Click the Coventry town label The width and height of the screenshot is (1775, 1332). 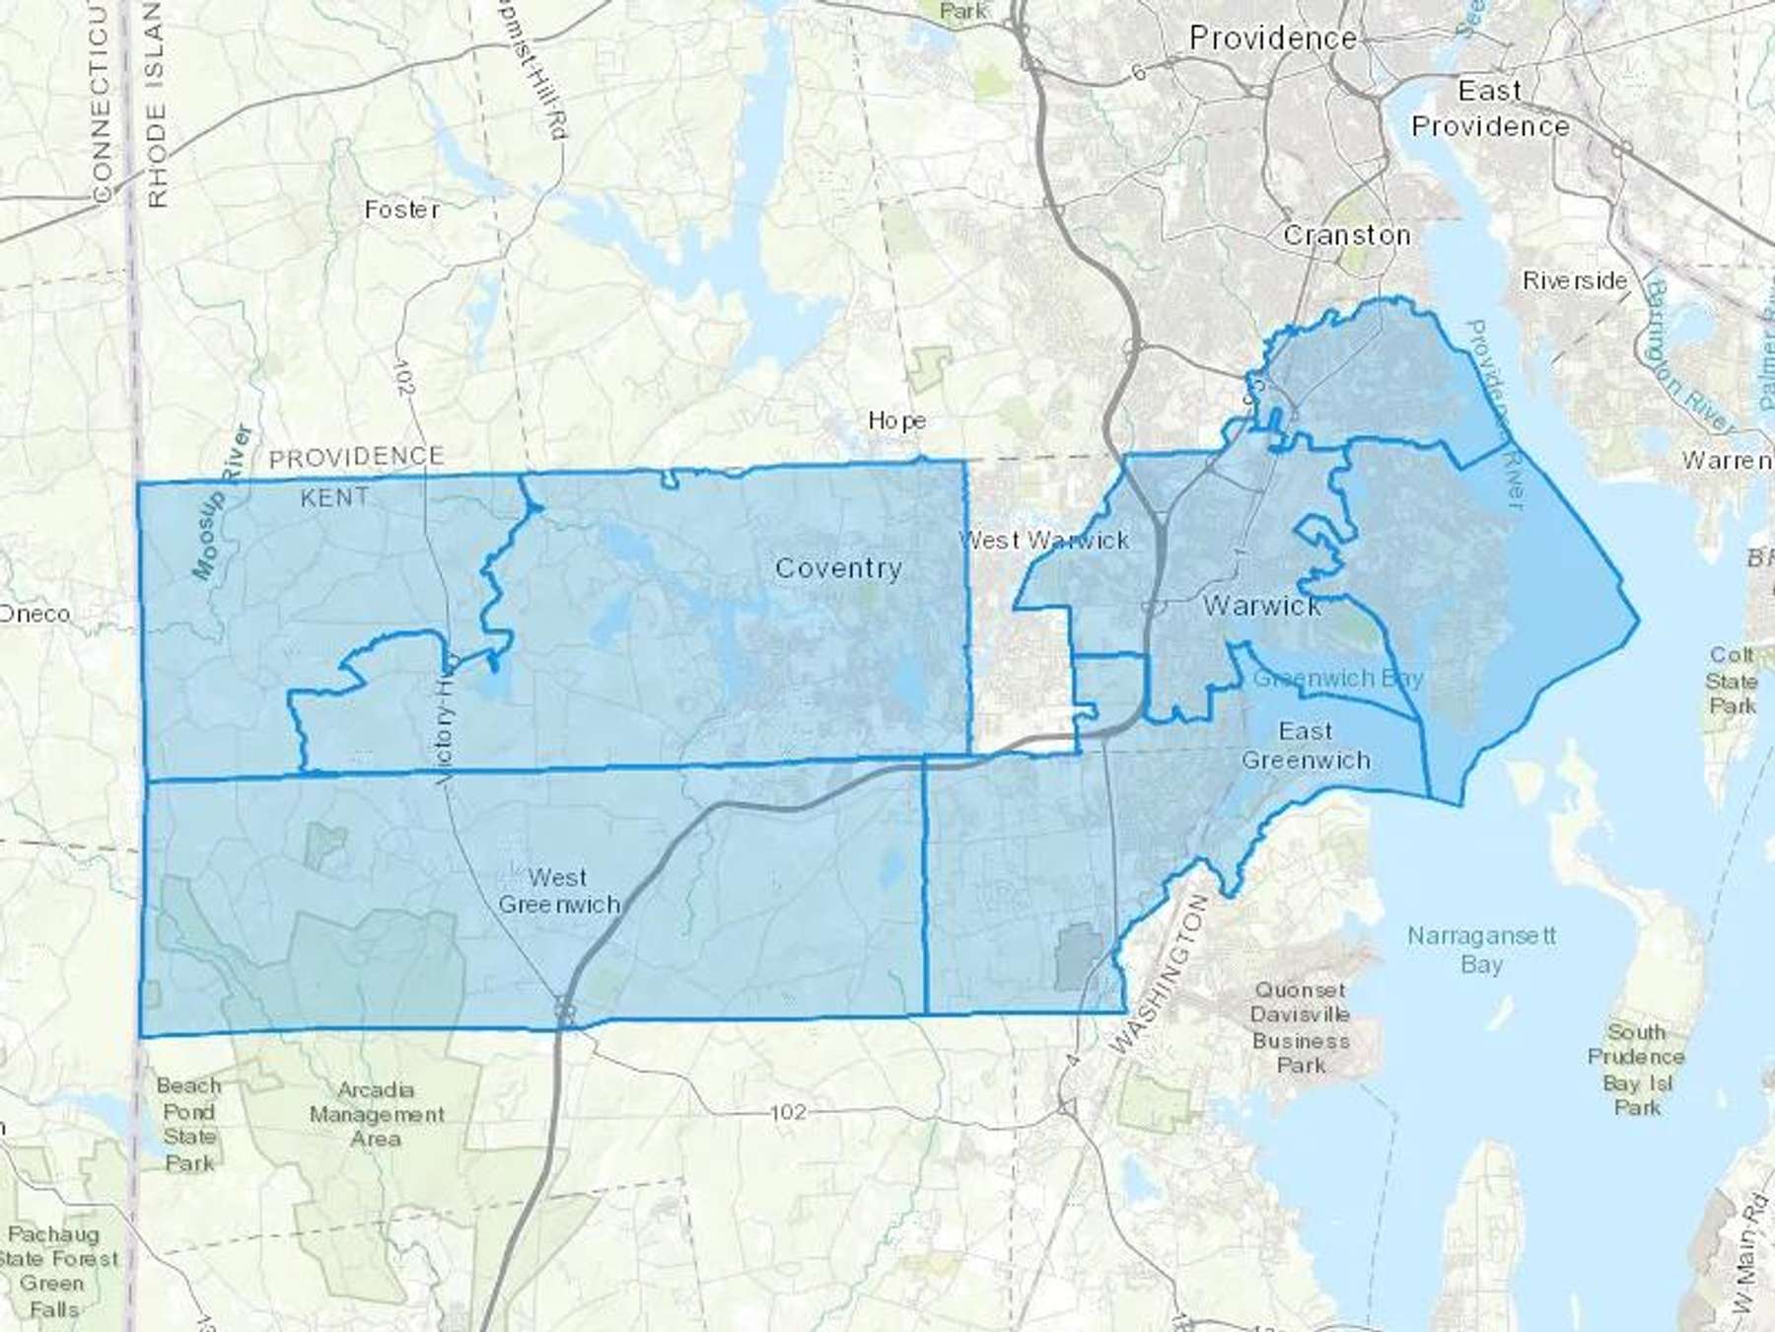(x=838, y=568)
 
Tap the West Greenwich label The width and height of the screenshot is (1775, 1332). (x=559, y=891)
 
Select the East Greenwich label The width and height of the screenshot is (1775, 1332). (x=1306, y=746)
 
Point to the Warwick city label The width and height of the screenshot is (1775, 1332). (x=1262, y=605)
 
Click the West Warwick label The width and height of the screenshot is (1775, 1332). (x=1044, y=540)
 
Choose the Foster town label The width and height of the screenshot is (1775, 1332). (x=401, y=209)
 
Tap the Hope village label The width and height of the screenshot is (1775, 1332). (x=896, y=420)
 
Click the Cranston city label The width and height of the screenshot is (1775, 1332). (x=1346, y=236)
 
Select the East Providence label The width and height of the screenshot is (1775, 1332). (x=1490, y=109)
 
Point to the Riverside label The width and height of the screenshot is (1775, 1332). (x=1574, y=281)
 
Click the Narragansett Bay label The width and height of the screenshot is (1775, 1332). (x=1481, y=949)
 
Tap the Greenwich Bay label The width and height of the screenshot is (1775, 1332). (x=1338, y=679)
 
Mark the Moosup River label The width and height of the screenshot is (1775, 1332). (x=223, y=502)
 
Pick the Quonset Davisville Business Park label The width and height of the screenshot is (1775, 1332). (x=1301, y=1027)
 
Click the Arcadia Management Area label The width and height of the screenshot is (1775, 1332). (x=377, y=1114)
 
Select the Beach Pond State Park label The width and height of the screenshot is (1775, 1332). (x=188, y=1124)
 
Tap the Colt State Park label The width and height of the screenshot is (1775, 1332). (x=1732, y=680)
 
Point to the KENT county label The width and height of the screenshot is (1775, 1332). (x=334, y=497)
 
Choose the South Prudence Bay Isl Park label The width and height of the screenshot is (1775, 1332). (x=1636, y=1070)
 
